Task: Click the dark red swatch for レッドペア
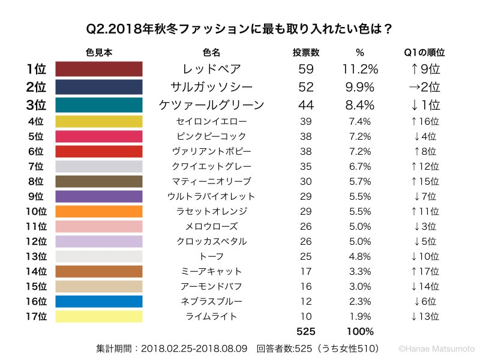click(99, 69)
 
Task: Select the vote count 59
click(305, 69)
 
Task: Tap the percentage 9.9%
click(359, 87)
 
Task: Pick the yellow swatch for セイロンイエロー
click(99, 122)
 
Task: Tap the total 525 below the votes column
click(305, 331)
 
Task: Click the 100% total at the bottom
click(359, 331)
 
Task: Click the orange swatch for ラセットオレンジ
click(99, 211)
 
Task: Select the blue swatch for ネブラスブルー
click(99, 301)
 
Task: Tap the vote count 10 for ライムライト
click(305, 316)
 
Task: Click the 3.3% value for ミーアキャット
click(359, 271)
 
